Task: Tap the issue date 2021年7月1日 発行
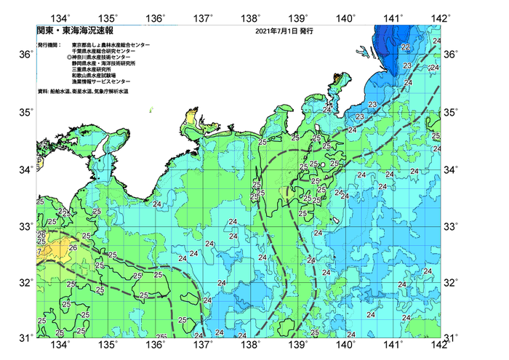[284, 33]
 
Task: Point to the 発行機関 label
[48, 45]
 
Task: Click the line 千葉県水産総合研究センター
[107, 52]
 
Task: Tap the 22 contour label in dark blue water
[405, 47]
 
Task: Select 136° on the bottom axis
[156, 344]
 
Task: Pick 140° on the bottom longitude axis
[345, 344]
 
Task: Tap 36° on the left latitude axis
[25, 55]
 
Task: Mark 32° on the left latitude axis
[25, 282]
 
